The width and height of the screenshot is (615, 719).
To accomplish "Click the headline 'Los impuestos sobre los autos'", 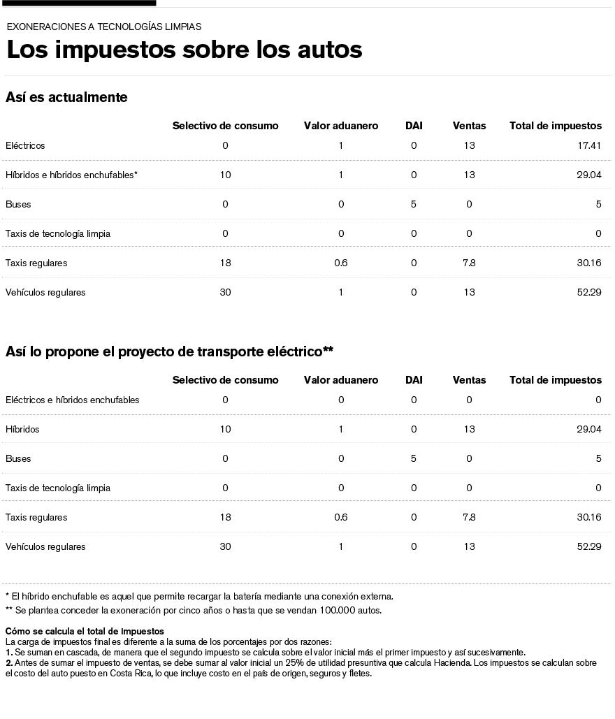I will click(x=184, y=50).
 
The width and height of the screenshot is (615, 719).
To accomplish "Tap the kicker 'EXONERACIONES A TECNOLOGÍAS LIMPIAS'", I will click(x=104, y=27).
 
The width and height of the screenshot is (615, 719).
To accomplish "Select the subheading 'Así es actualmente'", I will click(x=66, y=98).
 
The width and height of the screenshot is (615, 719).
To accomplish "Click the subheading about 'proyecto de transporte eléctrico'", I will click(x=169, y=351).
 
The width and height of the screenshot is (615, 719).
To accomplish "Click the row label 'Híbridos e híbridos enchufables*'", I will click(x=71, y=175).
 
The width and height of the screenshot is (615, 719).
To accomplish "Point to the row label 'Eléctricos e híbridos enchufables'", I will click(x=72, y=400).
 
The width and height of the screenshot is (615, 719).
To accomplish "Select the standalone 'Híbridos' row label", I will click(x=22, y=429).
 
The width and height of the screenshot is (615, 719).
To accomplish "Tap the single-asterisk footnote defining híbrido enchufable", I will click(x=199, y=596).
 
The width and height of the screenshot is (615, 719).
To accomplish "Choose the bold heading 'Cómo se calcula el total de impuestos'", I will click(x=85, y=632).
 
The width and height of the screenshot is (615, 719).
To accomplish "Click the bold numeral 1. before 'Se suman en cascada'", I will click(x=9, y=651).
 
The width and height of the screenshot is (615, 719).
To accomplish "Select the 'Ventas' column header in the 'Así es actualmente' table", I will click(x=469, y=126).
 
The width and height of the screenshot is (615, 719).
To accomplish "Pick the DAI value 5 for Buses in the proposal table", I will click(x=414, y=458).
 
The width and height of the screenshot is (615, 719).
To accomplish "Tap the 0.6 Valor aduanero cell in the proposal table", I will click(x=341, y=517).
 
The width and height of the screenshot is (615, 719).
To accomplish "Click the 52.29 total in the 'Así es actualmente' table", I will click(x=589, y=292).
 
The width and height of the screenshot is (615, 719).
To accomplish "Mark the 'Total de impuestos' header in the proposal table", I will click(x=556, y=380).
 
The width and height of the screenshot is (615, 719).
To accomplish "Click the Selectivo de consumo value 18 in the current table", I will click(x=225, y=263).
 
